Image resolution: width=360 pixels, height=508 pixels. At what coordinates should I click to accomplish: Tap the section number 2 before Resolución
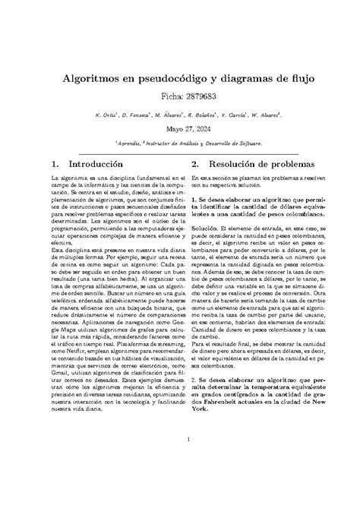[x=195, y=163]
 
